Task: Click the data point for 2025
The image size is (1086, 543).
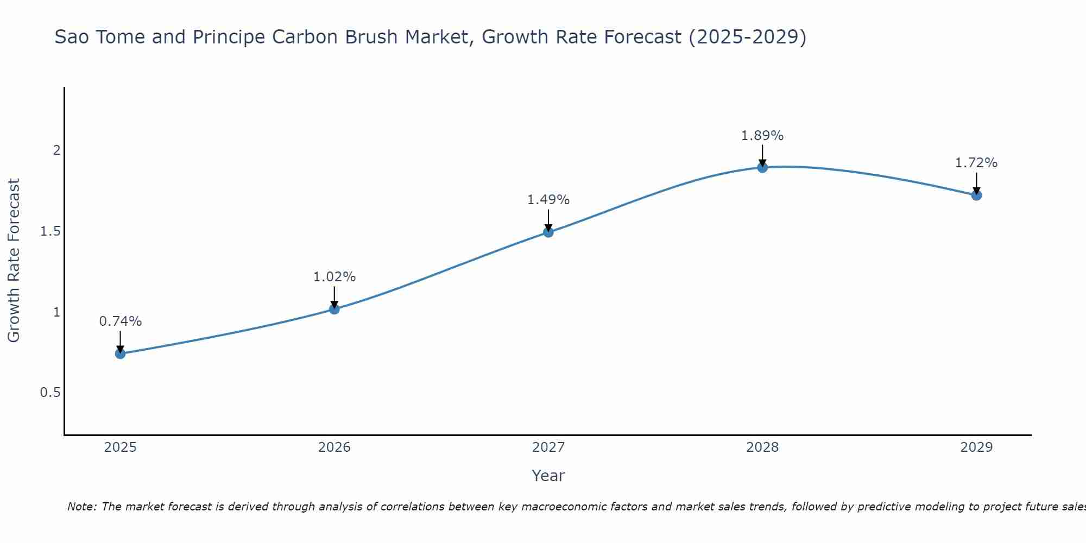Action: pyautogui.click(x=121, y=353)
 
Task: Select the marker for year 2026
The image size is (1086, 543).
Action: pyautogui.click(x=334, y=309)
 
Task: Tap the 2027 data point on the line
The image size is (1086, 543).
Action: pyautogui.click(x=548, y=232)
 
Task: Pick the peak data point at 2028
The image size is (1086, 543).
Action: pyautogui.click(x=762, y=167)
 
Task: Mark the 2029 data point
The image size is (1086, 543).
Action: pyautogui.click(x=976, y=195)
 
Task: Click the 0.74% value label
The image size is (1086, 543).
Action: pyautogui.click(x=121, y=321)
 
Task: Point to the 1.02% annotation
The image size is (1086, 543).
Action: pyautogui.click(x=334, y=277)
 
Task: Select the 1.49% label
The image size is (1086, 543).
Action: pyautogui.click(x=548, y=200)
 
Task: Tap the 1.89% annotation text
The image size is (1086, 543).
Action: pyautogui.click(x=762, y=136)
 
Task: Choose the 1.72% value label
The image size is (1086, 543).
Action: pyautogui.click(x=976, y=163)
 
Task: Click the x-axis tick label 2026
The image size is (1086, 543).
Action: pyautogui.click(x=334, y=447)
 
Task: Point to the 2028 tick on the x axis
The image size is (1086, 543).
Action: pyautogui.click(x=762, y=447)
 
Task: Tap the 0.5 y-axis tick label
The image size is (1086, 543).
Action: pyautogui.click(x=50, y=393)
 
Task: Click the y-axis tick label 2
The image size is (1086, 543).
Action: pyautogui.click(x=56, y=150)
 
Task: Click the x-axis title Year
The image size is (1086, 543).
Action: pyautogui.click(x=548, y=476)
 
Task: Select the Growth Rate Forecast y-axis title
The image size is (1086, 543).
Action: pyautogui.click(x=14, y=261)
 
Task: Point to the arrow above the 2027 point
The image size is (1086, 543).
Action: pyautogui.click(x=548, y=220)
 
